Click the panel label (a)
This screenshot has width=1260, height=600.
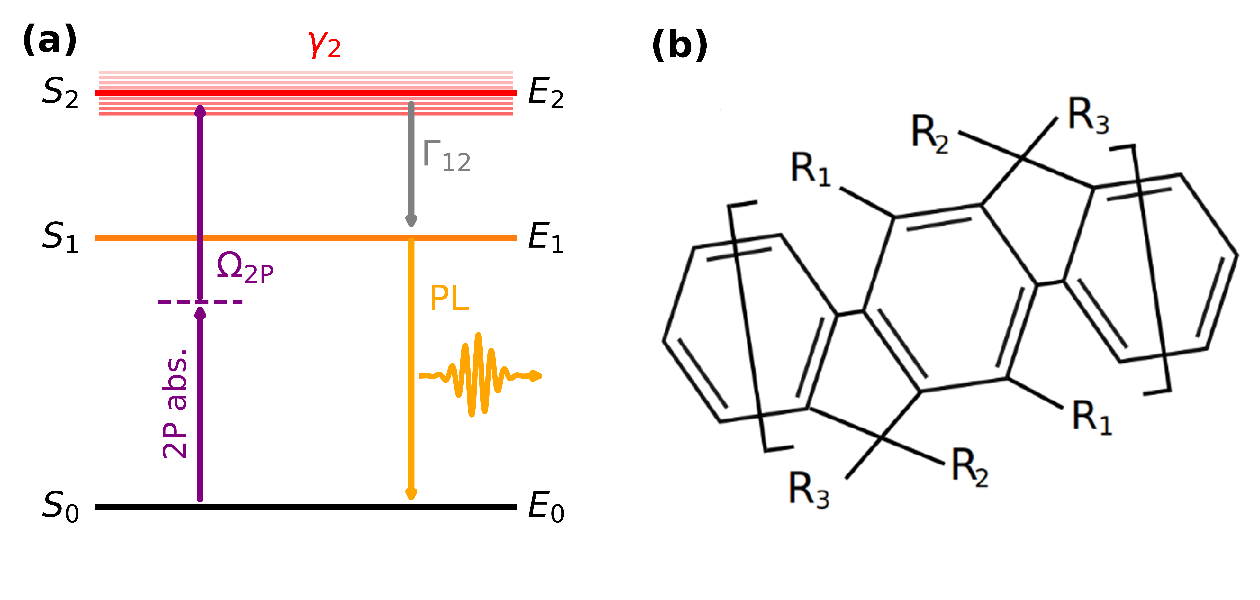point(49,41)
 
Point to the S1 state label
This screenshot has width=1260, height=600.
point(60,237)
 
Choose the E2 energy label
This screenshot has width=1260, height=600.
point(545,93)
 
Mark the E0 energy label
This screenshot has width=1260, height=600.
point(545,507)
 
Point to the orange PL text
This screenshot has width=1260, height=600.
point(449,299)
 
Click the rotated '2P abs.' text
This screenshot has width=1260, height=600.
point(175,404)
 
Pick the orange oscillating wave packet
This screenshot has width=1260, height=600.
point(479,375)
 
